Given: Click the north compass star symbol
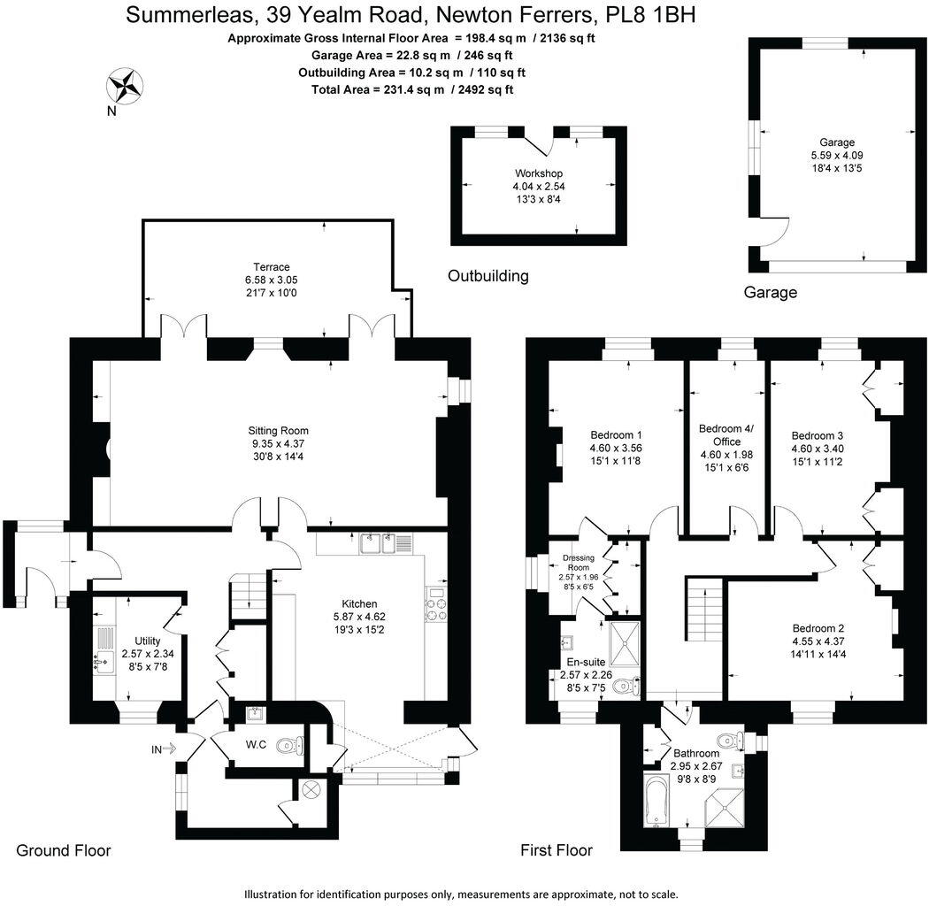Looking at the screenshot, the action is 126,87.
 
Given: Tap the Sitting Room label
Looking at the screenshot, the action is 278,431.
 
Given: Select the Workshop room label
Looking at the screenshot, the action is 539,173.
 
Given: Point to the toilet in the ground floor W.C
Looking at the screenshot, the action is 289,746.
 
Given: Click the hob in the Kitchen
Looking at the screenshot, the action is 437,607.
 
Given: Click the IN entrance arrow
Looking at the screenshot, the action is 165,749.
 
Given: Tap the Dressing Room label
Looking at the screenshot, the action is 577,564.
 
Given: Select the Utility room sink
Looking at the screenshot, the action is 104,659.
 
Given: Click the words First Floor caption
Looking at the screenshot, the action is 557,850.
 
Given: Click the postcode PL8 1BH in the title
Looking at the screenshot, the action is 651,15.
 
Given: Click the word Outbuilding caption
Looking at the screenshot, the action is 488,275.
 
